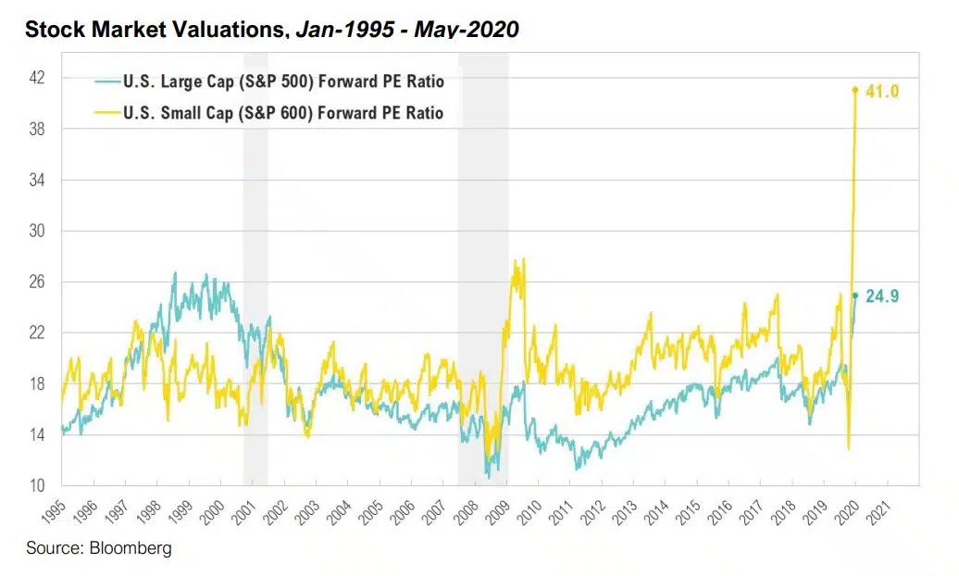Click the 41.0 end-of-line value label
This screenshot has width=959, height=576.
click(x=883, y=91)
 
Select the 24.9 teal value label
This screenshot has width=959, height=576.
click(x=883, y=296)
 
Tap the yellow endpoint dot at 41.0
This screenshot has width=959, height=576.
click(x=855, y=90)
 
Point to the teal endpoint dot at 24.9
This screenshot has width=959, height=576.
click(x=855, y=295)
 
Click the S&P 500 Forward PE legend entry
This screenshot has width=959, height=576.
click(x=283, y=81)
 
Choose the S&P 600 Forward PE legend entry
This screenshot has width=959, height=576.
click(x=282, y=113)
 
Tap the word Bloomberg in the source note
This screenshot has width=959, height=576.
click(x=131, y=548)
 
